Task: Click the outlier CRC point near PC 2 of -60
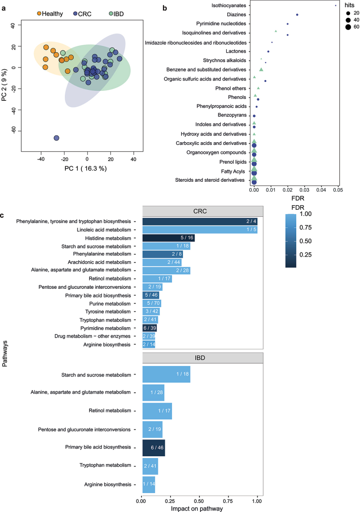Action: [x=57, y=138]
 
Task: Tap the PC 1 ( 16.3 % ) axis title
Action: [x=88, y=169]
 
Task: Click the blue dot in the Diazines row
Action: [x=297, y=15]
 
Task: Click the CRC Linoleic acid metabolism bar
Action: [x=200, y=230]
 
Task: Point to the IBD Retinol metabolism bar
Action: [x=157, y=411]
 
